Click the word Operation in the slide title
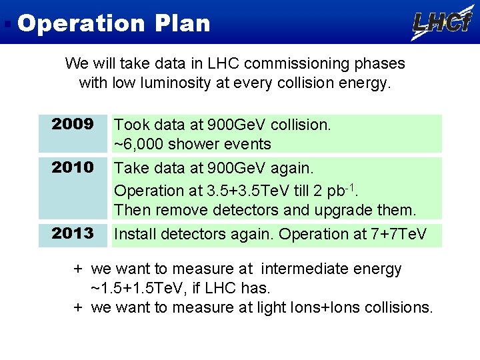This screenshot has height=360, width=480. pos(80,23)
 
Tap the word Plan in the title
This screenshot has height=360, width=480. pos(183,23)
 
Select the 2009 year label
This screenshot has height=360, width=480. pos(73,124)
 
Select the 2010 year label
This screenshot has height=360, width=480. pos(73,167)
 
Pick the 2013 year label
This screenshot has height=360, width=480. pos(73,233)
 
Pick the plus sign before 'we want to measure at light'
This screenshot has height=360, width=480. pos(78,308)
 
